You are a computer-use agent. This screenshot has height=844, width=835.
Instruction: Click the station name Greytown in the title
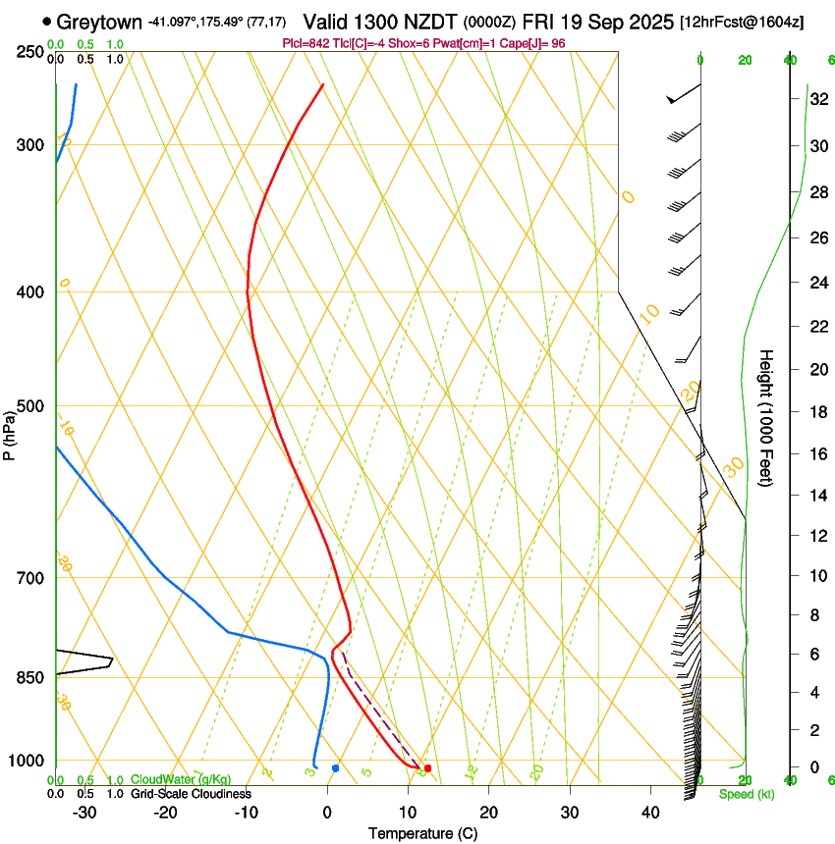pos(99,22)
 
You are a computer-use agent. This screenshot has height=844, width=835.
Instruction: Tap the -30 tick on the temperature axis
pos(84,812)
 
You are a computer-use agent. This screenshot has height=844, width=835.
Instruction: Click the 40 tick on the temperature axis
pos(650,812)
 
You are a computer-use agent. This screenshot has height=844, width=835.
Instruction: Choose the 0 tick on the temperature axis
pos(327,812)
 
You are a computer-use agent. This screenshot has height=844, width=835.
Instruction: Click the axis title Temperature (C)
pos(422,833)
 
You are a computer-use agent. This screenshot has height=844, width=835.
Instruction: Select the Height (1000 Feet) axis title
pos(766,417)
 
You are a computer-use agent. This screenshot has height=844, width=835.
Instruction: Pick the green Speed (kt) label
pos(747,794)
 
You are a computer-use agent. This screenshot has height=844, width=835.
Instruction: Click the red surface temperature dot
pos(427,767)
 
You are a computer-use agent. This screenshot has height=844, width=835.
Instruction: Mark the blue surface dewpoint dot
pos(336,767)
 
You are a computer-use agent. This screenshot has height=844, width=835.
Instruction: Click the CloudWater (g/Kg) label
pos(181,780)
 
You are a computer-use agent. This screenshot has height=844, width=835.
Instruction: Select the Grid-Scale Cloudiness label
pos(191,794)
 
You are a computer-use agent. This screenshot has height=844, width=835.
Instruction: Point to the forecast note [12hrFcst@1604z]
pos(742,22)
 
